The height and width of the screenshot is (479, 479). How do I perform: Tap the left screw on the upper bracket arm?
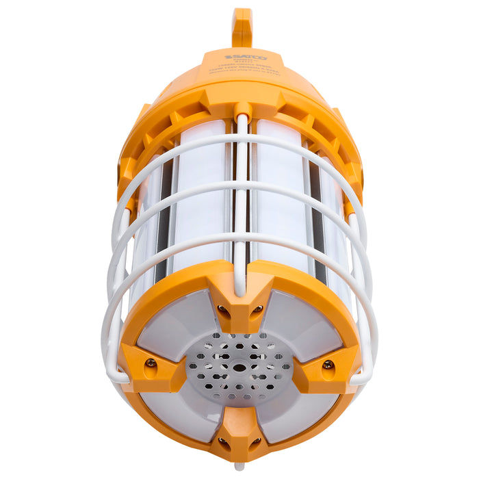pos(222,310)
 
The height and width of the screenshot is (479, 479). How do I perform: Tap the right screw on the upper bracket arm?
pos(257,310)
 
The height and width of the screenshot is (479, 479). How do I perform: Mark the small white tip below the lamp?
pos(238,467)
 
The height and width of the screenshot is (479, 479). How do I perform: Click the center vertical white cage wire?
pos(241,205)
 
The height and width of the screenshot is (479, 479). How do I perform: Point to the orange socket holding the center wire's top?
pos(241,109)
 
